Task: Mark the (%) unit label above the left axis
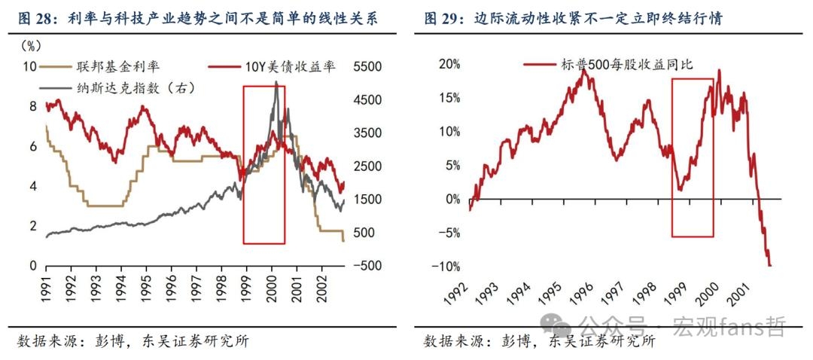point(31,46)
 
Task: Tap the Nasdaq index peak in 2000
point(276,81)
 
